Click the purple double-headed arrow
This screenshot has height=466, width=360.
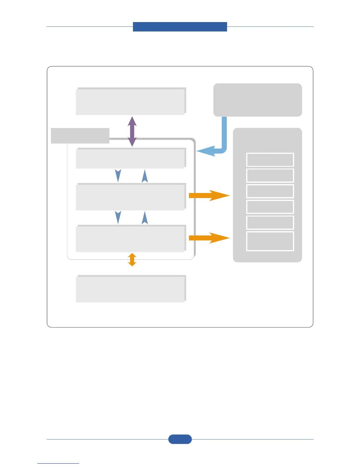click(x=132, y=131)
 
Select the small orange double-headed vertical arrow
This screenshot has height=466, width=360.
click(x=132, y=259)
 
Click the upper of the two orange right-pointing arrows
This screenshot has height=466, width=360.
click(x=209, y=195)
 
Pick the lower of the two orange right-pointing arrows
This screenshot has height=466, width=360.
click(x=209, y=238)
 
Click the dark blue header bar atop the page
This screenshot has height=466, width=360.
click(x=180, y=26)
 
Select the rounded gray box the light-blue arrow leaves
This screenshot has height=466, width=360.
click(x=257, y=100)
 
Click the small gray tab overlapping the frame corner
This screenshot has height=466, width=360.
click(x=80, y=136)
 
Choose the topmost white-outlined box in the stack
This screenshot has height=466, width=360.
click(x=270, y=160)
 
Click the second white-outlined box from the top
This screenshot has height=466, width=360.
click(x=270, y=175)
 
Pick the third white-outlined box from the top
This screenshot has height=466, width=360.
click(x=270, y=191)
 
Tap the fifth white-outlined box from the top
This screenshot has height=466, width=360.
click(x=270, y=222)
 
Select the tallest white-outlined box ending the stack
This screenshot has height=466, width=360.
click(x=270, y=241)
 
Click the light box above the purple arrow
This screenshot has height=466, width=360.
click(x=131, y=101)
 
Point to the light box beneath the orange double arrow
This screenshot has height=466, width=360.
click(x=131, y=289)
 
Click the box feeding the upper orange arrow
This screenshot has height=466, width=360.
click(x=131, y=197)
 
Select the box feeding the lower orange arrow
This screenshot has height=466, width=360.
click(x=131, y=239)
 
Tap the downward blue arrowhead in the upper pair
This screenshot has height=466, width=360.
click(x=118, y=176)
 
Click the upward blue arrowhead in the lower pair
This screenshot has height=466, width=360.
click(x=145, y=218)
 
